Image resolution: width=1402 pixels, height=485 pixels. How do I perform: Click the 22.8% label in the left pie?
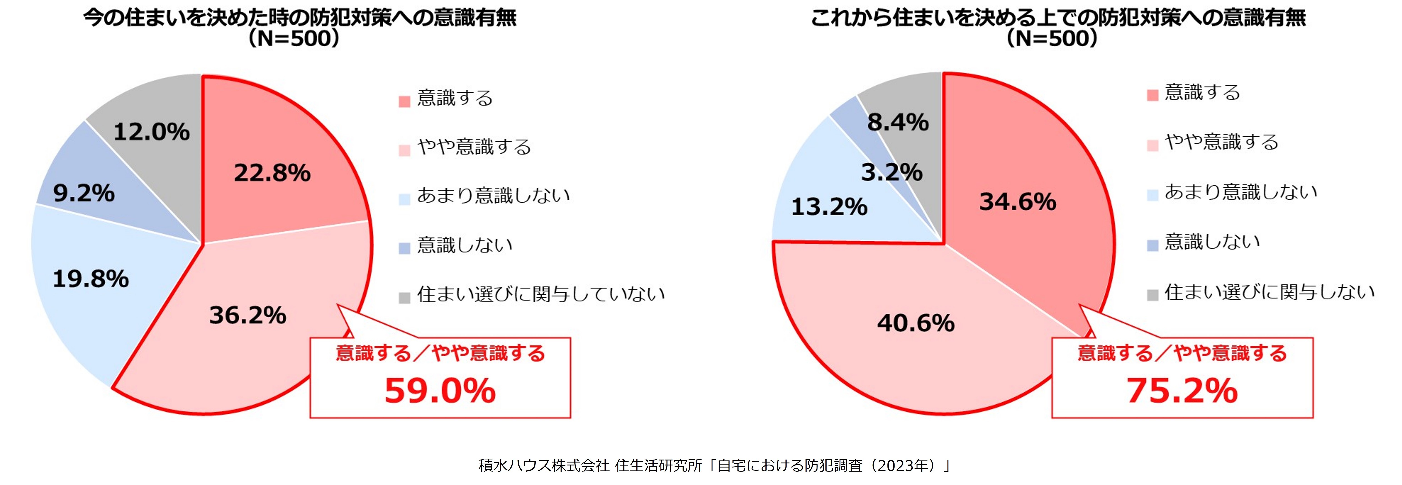272,173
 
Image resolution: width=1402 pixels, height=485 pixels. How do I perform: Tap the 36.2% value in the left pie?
248,315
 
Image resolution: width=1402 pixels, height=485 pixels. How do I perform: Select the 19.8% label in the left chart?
90,279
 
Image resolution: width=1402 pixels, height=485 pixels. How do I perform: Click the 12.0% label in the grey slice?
151,132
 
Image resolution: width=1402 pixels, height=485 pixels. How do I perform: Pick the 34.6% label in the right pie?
1018,202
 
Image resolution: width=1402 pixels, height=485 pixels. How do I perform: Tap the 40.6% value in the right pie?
916,323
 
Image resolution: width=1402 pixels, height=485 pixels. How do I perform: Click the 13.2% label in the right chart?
829,207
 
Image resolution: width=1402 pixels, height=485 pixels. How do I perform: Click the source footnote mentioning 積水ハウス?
714,465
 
